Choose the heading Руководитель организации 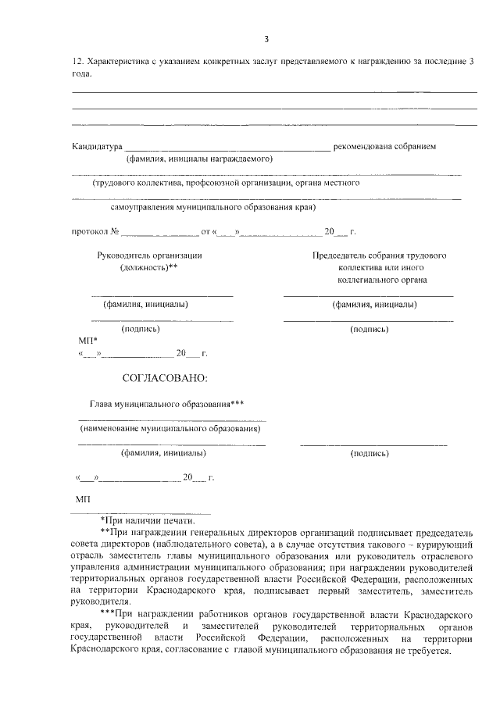[x=149, y=255]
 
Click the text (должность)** [x=149, y=267]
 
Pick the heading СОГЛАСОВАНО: [x=166, y=378]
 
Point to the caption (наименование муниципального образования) [x=170, y=428]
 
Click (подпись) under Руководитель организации [x=141, y=329]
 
